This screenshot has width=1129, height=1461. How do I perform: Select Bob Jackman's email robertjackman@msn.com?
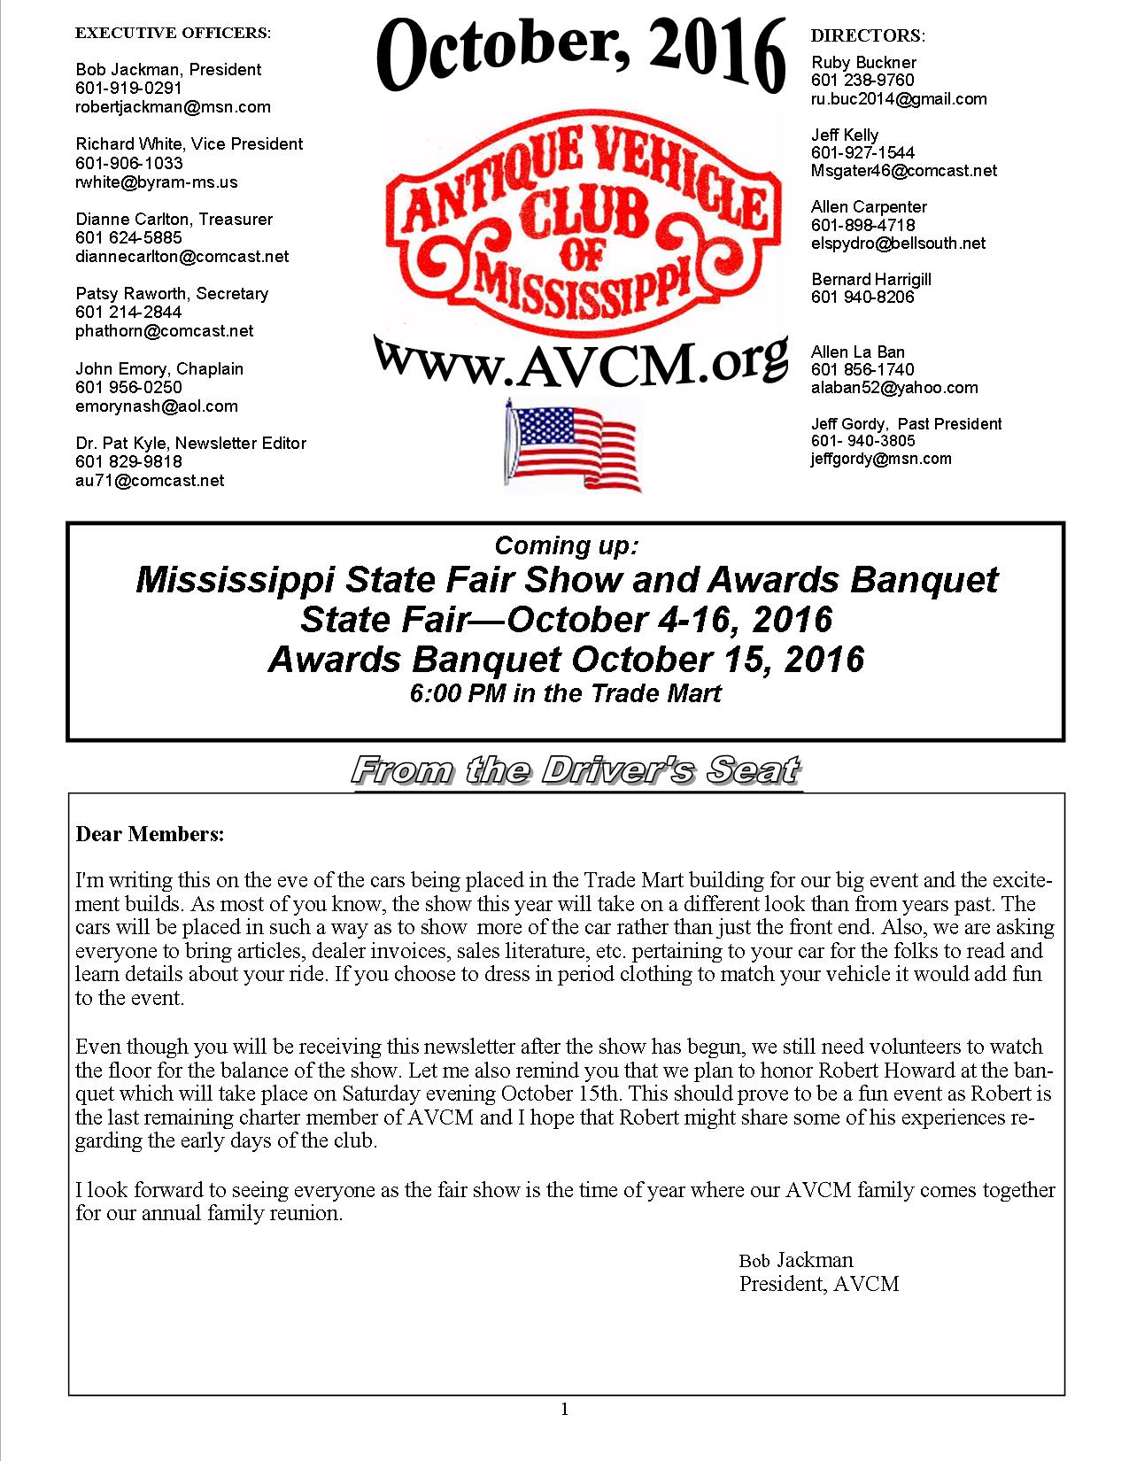coord(173,107)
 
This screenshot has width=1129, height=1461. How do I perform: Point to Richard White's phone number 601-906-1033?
coord(129,163)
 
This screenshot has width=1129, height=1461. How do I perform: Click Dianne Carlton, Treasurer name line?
coord(174,219)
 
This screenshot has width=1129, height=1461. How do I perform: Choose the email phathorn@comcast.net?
coord(165,331)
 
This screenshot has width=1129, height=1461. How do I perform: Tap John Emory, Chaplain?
coord(159,368)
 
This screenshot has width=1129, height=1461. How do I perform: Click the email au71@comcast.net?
coord(150,481)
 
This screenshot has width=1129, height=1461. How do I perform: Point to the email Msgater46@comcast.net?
coord(904,171)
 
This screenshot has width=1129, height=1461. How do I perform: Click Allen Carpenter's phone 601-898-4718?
coord(863,225)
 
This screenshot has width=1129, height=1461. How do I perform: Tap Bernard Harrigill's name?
coord(871,279)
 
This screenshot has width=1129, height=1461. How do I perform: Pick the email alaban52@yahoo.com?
coord(894,388)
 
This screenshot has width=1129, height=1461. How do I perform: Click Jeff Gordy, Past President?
coord(906,423)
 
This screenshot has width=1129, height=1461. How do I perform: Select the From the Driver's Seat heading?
coord(576,770)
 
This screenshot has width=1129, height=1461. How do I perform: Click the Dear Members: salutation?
coord(150,834)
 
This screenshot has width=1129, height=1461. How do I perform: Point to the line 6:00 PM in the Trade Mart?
coord(565,693)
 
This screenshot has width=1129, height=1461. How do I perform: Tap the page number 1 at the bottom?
coord(565,1409)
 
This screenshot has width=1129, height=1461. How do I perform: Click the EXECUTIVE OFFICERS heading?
coord(173,33)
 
